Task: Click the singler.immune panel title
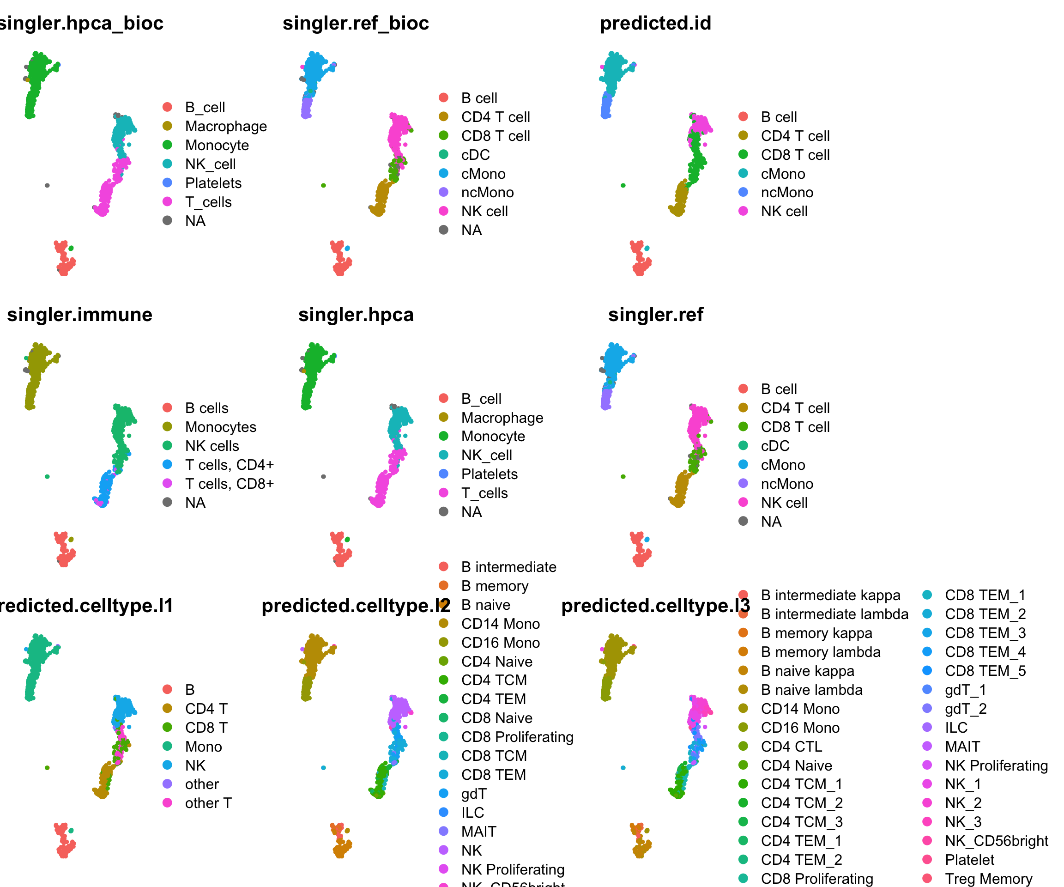click(x=79, y=315)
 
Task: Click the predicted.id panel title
click(x=656, y=23)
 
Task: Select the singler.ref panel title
click(x=656, y=315)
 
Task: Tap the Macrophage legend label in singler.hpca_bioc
click(x=226, y=126)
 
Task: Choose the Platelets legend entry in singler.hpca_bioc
click(x=213, y=183)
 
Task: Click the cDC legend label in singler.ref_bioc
click(x=475, y=155)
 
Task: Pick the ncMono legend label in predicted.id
click(x=787, y=193)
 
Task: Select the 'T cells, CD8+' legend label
click(x=230, y=484)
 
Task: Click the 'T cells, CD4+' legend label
click(x=230, y=465)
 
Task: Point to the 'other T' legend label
click(x=208, y=803)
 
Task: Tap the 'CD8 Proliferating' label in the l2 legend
click(x=517, y=737)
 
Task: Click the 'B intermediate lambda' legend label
click(x=834, y=614)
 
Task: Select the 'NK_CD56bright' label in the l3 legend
click(x=996, y=841)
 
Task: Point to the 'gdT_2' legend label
click(x=966, y=709)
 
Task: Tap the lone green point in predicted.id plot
click(x=623, y=186)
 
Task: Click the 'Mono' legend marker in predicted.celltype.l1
click(x=167, y=746)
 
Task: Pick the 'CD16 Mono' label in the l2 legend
click(x=501, y=643)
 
